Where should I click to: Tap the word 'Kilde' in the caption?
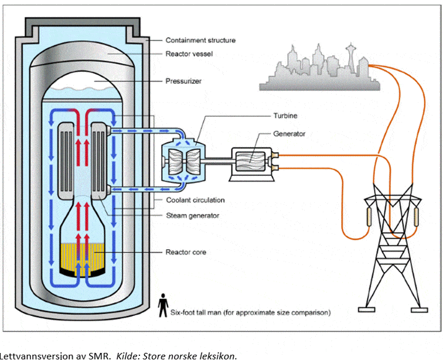[x=128, y=354]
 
